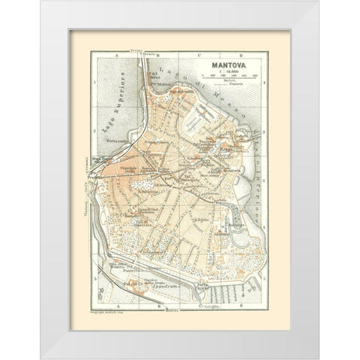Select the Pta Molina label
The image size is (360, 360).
[155, 85]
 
